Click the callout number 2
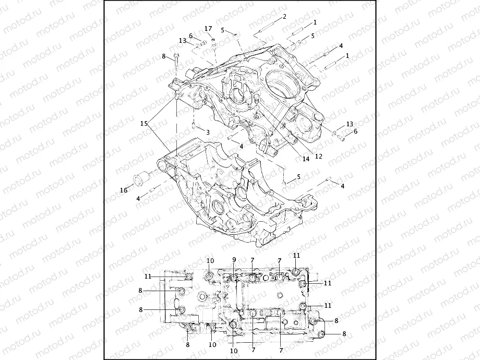pyautogui.click(x=284, y=17)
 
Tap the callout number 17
pyautogui.click(x=208, y=28)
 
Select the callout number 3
pyautogui.click(x=208, y=133)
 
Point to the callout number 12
pyautogui.click(x=318, y=155)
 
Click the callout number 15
pyautogui.click(x=143, y=124)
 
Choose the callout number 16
pyautogui.click(x=124, y=190)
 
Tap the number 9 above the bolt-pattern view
pyautogui.click(x=234, y=259)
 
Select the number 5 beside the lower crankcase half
pyautogui.click(x=298, y=177)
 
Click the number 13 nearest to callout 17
pyautogui.click(x=182, y=40)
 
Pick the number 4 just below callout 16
pyautogui.click(x=138, y=199)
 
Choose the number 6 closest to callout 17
pyautogui.click(x=191, y=35)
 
